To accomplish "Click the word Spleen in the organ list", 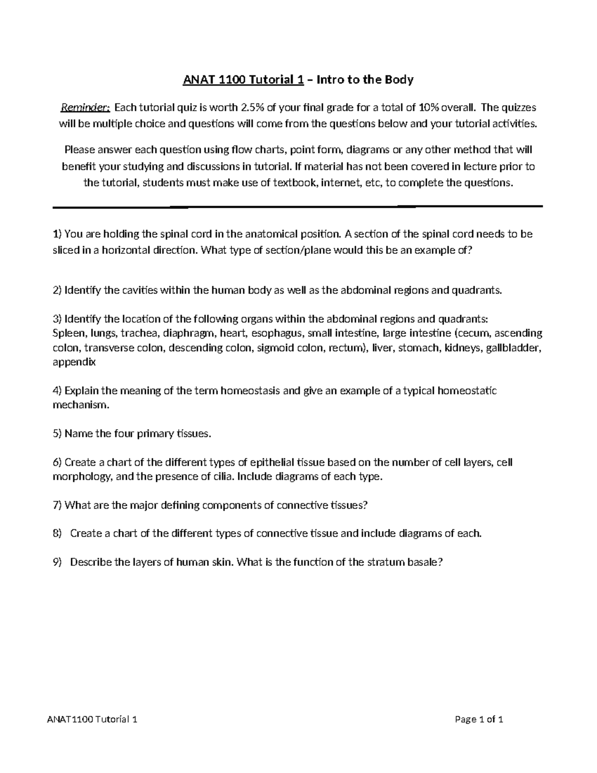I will pyautogui.click(x=68, y=333).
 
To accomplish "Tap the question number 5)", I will pyautogui.click(x=57, y=434).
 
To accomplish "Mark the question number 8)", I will pyautogui.click(x=57, y=534).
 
